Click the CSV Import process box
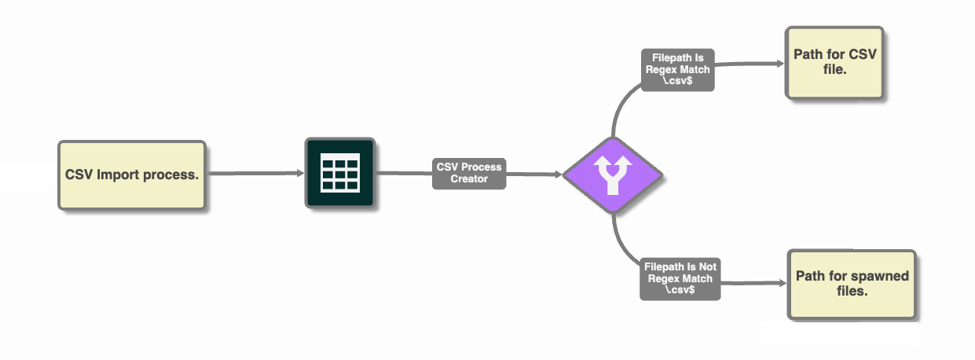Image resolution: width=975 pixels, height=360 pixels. tap(131, 174)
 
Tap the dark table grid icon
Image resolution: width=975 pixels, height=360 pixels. tap(339, 174)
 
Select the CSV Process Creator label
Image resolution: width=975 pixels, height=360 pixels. tap(469, 173)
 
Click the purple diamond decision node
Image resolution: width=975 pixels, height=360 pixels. tap(612, 175)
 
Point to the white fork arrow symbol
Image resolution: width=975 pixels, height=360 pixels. tap(612, 174)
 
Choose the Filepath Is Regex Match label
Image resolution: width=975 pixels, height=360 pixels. tap(678, 69)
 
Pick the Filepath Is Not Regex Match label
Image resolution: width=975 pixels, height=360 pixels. tap(680, 278)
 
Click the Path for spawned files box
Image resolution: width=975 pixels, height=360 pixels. tap(852, 284)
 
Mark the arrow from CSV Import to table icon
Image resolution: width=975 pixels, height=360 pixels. tap(255, 174)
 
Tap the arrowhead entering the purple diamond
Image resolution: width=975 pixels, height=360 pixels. tap(559, 174)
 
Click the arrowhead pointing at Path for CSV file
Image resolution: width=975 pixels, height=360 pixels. tap(779, 64)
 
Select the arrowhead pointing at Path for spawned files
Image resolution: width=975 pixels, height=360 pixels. tap(783, 284)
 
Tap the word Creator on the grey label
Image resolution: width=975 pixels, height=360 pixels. tap(469, 178)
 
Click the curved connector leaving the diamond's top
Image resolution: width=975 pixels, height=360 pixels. tap(618, 110)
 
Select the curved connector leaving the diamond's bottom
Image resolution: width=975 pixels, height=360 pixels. tap(620, 240)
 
